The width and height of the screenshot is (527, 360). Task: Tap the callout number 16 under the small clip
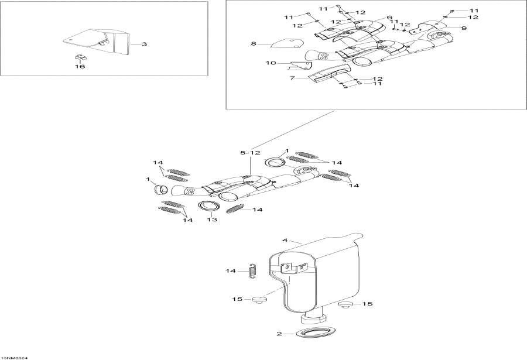(x=80, y=67)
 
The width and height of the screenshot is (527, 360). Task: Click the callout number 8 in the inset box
(x=253, y=44)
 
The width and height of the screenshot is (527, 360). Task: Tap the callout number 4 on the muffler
(x=285, y=239)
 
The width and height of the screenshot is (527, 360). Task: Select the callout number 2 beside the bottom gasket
(x=280, y=334)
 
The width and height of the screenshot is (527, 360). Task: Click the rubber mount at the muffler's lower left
(x=259, y=301)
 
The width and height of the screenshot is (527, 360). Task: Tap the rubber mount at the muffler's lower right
(x=346, y=304)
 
